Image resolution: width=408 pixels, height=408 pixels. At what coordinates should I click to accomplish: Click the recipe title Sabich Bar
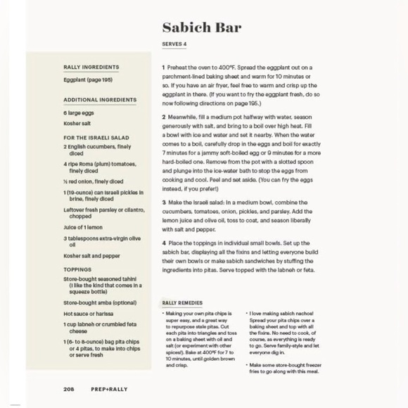201,27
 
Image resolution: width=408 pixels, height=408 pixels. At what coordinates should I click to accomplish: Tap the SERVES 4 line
174,44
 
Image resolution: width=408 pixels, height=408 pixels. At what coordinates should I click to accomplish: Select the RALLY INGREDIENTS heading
91,68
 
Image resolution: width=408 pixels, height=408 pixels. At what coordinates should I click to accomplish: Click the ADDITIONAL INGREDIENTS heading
99,100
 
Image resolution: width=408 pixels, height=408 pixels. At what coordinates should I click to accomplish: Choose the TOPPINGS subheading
77,269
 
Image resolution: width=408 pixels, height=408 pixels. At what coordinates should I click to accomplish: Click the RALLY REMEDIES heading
182,302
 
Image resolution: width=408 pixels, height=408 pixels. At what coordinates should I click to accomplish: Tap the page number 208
69,388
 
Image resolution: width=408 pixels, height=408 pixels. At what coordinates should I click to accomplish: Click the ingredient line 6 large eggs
79,113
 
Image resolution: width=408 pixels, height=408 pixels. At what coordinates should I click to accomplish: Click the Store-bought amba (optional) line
99,302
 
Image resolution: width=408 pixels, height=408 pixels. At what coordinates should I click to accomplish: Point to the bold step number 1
163,68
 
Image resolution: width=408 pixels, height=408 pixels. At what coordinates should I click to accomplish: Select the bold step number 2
163,117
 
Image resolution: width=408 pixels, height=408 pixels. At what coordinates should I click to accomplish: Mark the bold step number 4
163,243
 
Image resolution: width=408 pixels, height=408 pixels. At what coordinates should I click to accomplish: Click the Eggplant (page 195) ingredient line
88,80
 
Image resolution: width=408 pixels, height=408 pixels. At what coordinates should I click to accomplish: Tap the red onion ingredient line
93,181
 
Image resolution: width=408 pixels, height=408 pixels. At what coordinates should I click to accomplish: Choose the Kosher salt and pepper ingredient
91,257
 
